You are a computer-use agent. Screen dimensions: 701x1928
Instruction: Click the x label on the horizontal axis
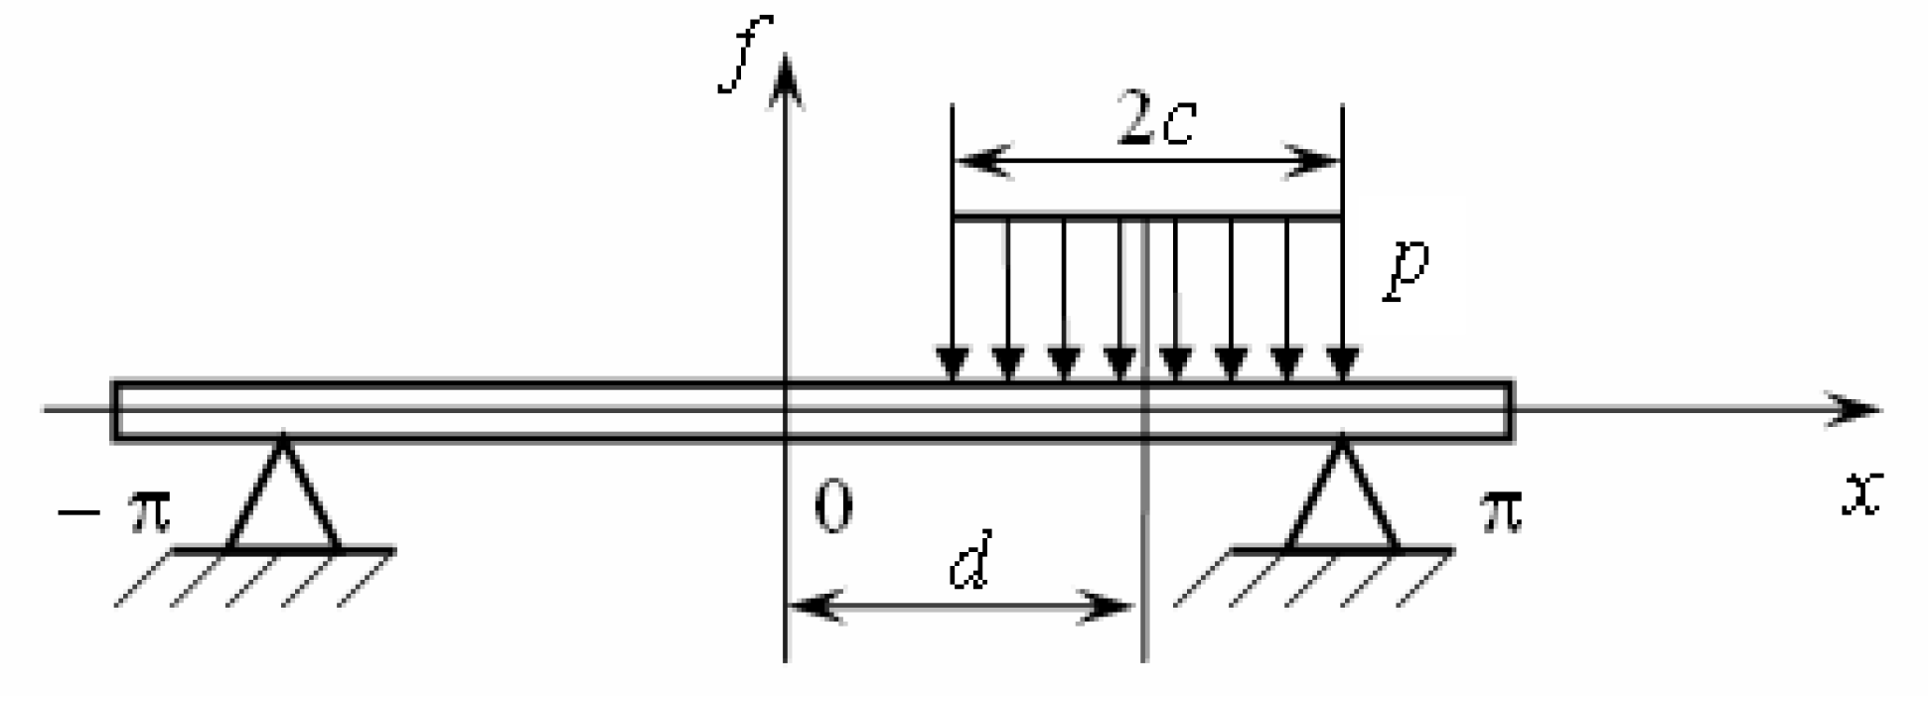[1860, 493]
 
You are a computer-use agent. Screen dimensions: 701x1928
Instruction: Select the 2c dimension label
[1154, 120]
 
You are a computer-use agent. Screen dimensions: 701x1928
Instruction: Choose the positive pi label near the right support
[1499, 512]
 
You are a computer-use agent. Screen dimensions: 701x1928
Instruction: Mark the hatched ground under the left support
[253, 578]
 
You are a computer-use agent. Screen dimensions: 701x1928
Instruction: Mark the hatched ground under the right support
[1311, 578]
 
